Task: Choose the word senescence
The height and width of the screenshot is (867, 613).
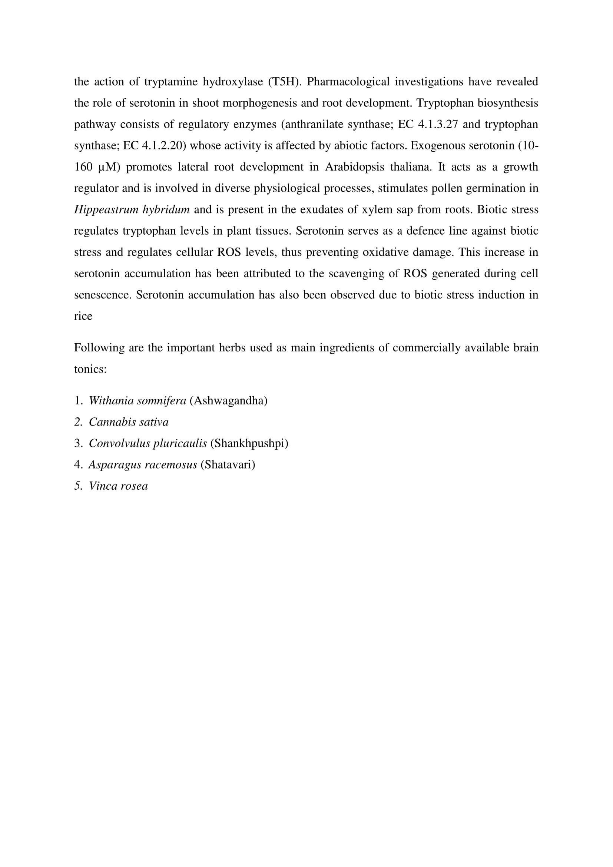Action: [103, 295]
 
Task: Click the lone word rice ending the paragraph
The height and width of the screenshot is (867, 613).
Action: [83, 316]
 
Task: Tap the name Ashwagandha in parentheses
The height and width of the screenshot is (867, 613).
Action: [228, 401]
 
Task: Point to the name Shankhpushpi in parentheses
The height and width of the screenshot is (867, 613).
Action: [249, 443]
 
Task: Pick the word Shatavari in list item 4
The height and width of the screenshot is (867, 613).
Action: [228, 464]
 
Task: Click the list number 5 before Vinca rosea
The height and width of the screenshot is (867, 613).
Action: [78, 486]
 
